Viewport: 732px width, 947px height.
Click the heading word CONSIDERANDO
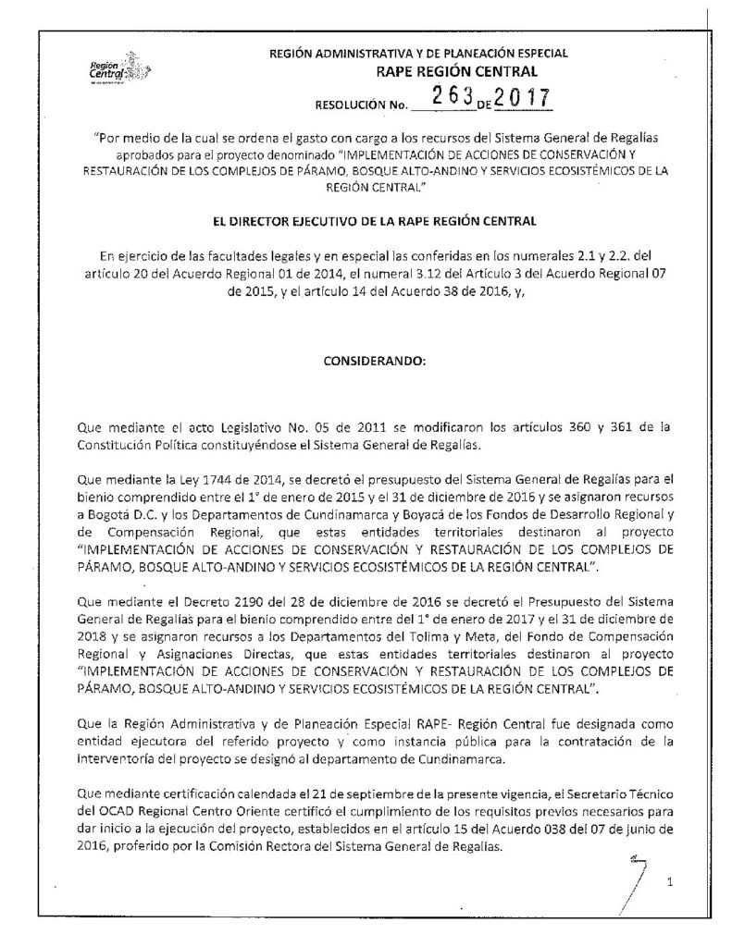(366, 362)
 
